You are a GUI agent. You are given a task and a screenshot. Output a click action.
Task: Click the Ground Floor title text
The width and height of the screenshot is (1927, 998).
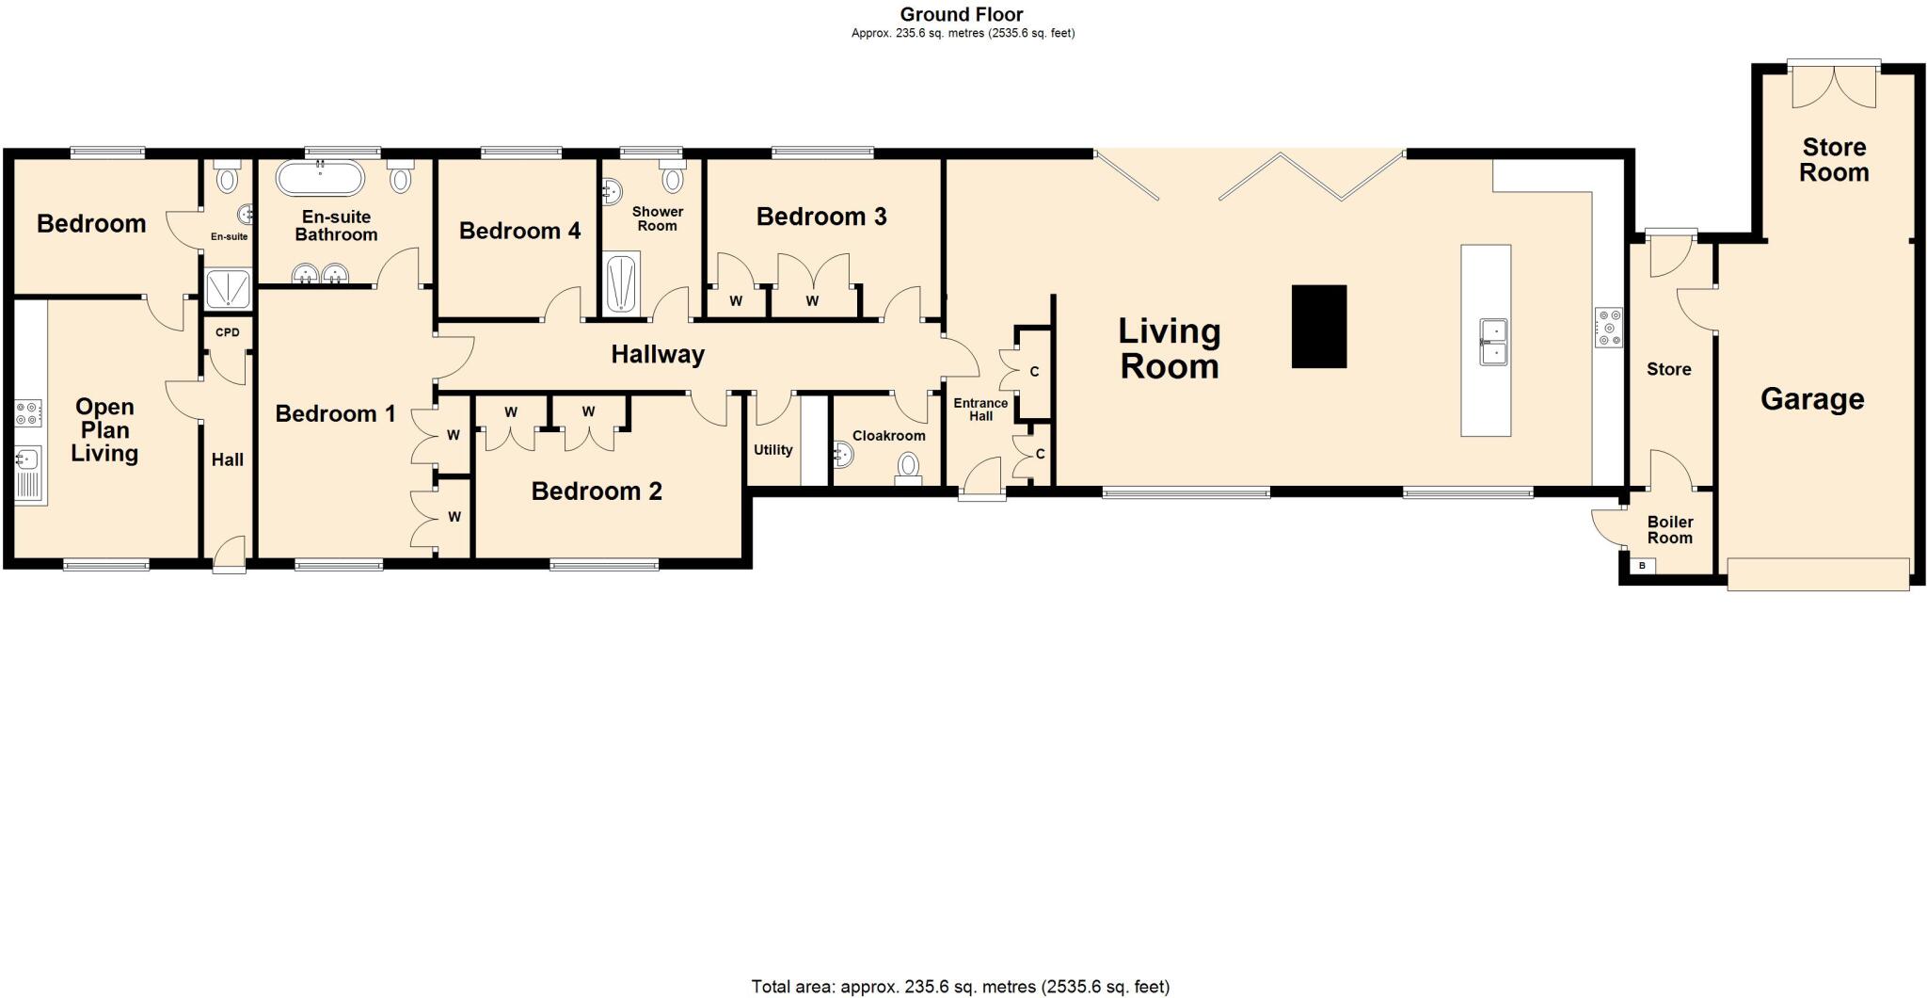click(961, 14)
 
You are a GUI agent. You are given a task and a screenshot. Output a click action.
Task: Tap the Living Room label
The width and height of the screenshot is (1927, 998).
click(1169, 348)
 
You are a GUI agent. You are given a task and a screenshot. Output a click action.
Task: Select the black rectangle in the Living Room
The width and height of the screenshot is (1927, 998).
click(1318, 326)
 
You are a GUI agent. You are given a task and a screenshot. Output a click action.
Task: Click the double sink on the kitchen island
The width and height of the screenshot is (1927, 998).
click(1493, 342)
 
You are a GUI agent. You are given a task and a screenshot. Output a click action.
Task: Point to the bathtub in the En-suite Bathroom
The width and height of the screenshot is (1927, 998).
click(319, 176)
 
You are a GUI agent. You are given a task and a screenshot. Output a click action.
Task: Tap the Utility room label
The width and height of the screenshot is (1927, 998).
click(772, 450)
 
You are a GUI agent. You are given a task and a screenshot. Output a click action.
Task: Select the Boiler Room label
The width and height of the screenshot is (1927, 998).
click(1669, 530)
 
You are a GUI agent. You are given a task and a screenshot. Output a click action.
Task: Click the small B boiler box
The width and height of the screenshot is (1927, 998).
click(1642, 566)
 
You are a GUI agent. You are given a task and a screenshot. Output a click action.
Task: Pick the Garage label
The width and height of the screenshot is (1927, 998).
click(1811, 399)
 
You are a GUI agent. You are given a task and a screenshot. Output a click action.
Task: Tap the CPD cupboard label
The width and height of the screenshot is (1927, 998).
click(228, 332)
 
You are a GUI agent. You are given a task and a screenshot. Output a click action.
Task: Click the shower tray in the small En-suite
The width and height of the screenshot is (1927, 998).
click(229, 289)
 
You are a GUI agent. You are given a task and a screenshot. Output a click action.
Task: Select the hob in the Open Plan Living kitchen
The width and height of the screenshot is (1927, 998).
click(29, 412)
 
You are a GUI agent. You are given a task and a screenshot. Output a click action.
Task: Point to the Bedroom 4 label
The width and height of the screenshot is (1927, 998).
click(519, 231)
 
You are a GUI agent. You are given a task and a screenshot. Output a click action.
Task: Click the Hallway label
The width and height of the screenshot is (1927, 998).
click(657, 355)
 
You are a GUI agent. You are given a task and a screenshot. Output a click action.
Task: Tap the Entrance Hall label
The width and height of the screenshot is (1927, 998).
click(980, 410)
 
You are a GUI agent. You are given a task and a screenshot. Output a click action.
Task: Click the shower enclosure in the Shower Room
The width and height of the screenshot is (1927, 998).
click(621, 282)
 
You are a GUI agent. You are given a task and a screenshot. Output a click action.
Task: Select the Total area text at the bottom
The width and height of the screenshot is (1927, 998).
click(960, 987)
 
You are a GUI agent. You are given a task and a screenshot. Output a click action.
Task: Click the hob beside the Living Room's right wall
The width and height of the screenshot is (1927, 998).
click(1608, 328)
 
